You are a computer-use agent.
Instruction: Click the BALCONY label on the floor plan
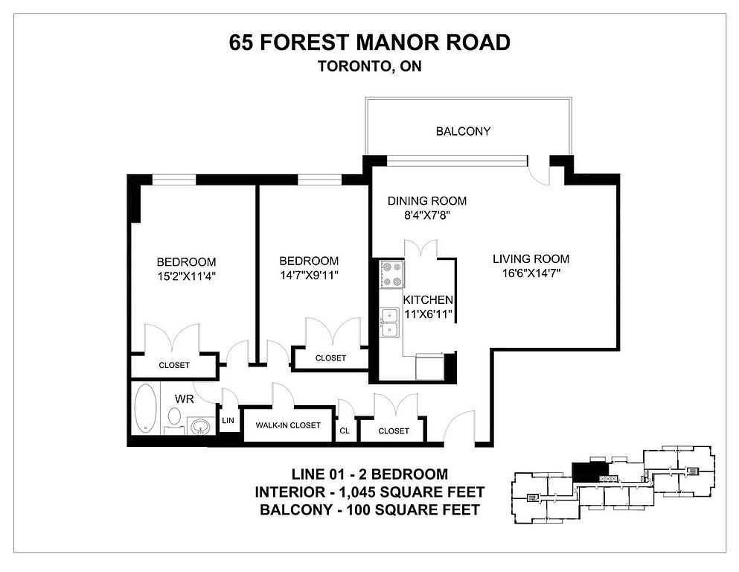(x=463, y=131)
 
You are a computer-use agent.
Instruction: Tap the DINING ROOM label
(x=427, y=201)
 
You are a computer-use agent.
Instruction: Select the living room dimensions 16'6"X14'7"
(x=531, y=273)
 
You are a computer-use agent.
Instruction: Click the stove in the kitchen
(x=392, y=274)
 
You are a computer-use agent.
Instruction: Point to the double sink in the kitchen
(x=390, y=322)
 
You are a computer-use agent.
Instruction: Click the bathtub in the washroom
(x=146, y=407)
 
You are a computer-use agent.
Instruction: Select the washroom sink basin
(x=201, y=427)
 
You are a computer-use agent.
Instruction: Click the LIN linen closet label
(x=228, y=420)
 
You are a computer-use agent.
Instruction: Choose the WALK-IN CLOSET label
(x=288, y=425)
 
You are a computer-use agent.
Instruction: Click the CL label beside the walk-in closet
(x=345, y=430)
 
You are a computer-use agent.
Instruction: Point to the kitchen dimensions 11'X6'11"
(x=429, y=314)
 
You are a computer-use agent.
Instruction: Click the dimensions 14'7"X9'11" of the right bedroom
(x=309, y=275)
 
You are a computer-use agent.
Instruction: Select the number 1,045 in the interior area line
(x=353, y=492)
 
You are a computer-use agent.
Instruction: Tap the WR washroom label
(x=185, y=399)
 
